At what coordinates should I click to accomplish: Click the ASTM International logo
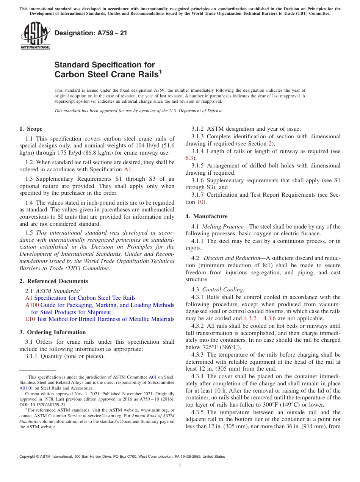(x=35, y=36)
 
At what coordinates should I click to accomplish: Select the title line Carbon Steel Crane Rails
(x=106, y=75)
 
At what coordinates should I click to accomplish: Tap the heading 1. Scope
(x=31, y=129)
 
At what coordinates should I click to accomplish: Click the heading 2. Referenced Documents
(x=54, y=281)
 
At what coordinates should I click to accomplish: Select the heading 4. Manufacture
(x=206, y=216)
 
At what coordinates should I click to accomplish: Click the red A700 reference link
(x=32, y=305)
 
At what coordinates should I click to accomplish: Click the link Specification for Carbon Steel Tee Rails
(x=85, y=298)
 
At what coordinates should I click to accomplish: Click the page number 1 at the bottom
(x=180, y=466)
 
